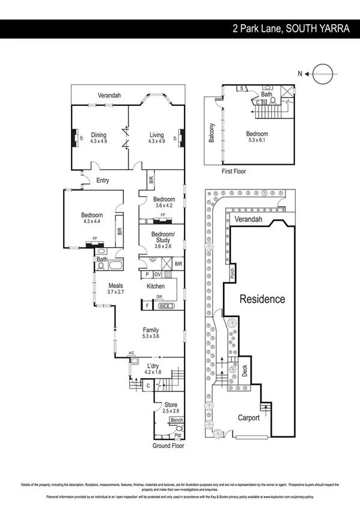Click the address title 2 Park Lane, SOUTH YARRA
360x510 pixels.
pos(292,28)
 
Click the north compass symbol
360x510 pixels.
pos(322,73)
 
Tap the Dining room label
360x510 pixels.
pos(98,138)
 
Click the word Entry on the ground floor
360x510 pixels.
pos(103,180)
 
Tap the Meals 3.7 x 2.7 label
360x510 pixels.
pos(116,288)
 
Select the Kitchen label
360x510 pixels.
pos(156,286)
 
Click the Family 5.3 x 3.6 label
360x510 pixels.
pos(150,333)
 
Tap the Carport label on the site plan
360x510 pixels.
pos(248,417)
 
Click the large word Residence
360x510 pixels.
pos(263,298)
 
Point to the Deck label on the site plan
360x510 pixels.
pos(244,371)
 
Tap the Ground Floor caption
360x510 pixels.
pos(168,446)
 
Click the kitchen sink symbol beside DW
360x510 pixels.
pos(166,306)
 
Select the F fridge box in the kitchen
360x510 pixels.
pos(147,306)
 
